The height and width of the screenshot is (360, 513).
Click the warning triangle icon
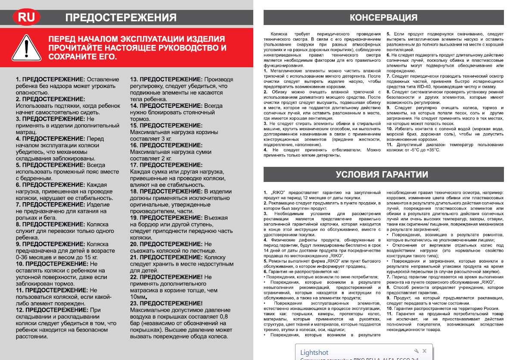[x=26, y=47]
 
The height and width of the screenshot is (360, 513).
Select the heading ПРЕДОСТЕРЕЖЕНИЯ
[x=121, y=18]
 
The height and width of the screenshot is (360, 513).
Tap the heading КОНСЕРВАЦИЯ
[x=383, y=18]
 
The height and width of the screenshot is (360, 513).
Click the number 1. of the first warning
[x=18, y=79]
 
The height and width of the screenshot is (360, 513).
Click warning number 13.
[x=134, y=79]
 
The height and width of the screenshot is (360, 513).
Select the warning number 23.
[x=134, y=303]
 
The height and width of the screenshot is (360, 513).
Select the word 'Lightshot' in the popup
[x=314, y=352]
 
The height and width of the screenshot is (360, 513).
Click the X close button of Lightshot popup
[x=425, y=351]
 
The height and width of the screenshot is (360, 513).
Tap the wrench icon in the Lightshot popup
[x=416, y=351]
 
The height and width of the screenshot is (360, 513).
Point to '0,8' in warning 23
[x=224, y=316]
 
